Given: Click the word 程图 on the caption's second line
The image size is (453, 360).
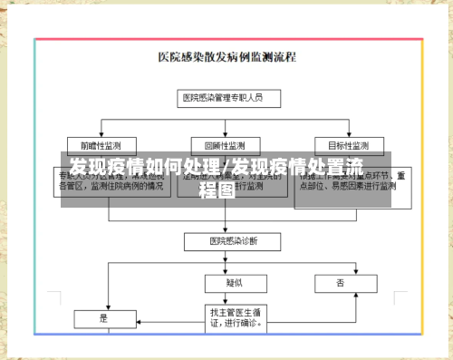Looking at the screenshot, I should click(217, 190).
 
